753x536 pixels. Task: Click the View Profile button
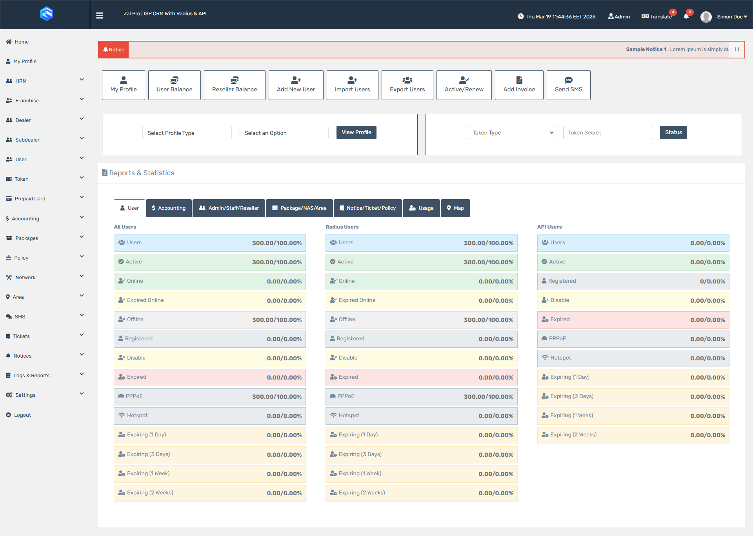point(356,133)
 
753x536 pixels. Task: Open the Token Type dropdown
point(510,133)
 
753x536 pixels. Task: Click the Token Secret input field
point(607,133)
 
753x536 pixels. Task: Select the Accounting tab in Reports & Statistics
point(169,208)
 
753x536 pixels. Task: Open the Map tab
point(455,208)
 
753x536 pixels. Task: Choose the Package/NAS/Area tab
point(299,208)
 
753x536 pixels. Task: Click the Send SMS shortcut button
point(568,85)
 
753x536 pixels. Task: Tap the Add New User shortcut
point(296,85)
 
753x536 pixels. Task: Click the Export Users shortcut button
point(407,85)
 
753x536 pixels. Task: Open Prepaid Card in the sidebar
point(30,199)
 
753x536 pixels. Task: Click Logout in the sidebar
point(22,415)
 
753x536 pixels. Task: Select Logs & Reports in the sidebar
point(31,376)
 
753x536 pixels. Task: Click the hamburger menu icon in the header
point(100,16)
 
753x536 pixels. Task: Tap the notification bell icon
point(686,16)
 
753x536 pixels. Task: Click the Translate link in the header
point(660,16)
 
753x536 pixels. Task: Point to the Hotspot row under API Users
point(633,358)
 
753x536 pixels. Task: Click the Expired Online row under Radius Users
point(421,300)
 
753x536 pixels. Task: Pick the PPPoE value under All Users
point(276,397)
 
